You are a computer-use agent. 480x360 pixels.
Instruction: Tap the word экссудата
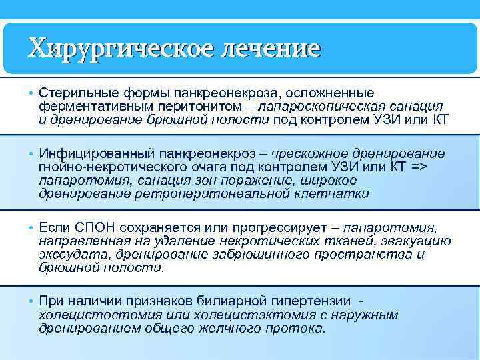74,255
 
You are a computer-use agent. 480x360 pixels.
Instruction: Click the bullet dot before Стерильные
31,92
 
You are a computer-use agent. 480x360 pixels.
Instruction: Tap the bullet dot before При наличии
31,301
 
